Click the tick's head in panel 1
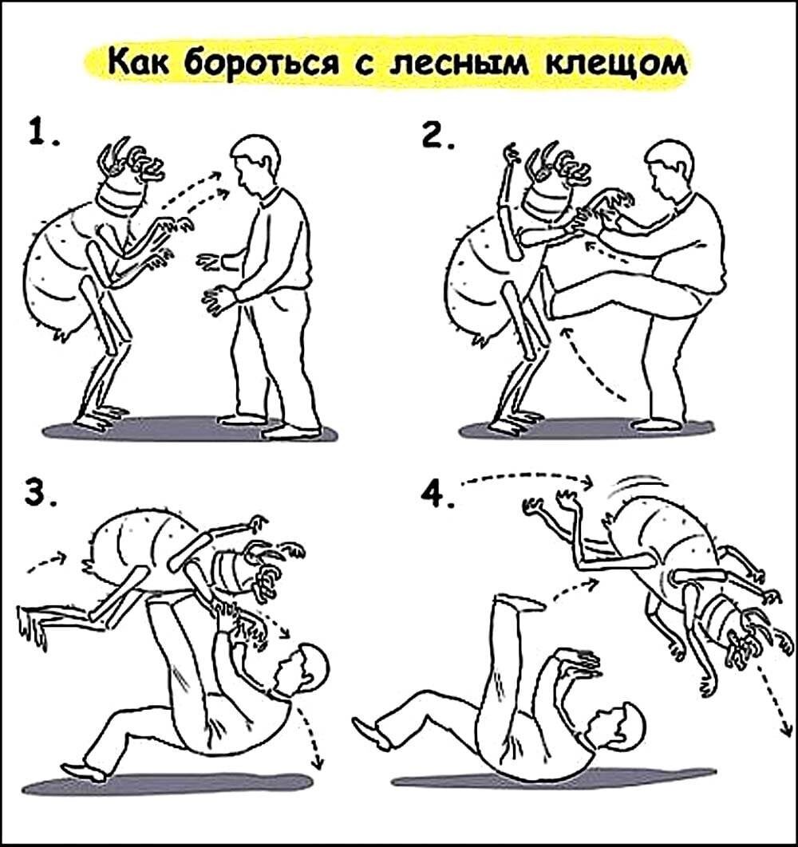coord(128,179)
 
